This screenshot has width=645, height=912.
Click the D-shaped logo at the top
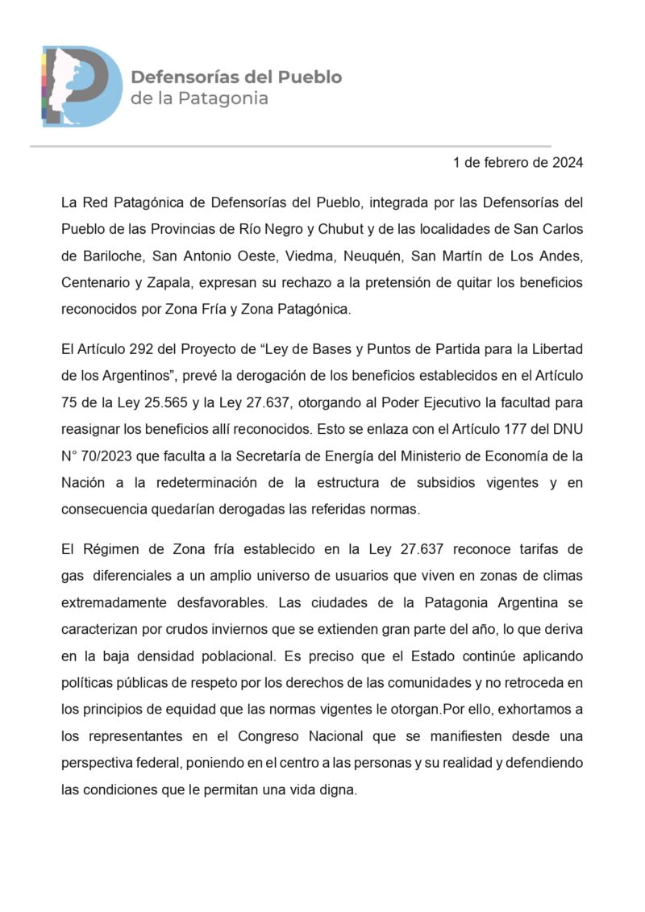tap(81, 86)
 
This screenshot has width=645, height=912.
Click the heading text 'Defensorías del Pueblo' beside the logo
tap(236, 77)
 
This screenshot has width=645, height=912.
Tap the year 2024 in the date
tap(567, 162)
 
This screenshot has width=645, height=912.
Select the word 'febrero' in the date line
tap(506, 162)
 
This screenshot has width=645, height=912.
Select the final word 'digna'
tap(337, 790)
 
